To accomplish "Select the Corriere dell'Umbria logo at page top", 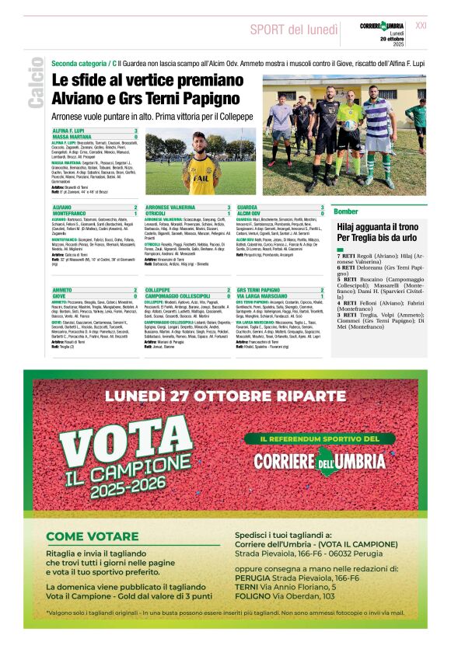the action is point(382,26).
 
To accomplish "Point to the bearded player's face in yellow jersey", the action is point(201,145).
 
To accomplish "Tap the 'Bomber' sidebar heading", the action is point(346,211).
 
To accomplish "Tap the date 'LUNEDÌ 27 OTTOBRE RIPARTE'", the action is point(225,396).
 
